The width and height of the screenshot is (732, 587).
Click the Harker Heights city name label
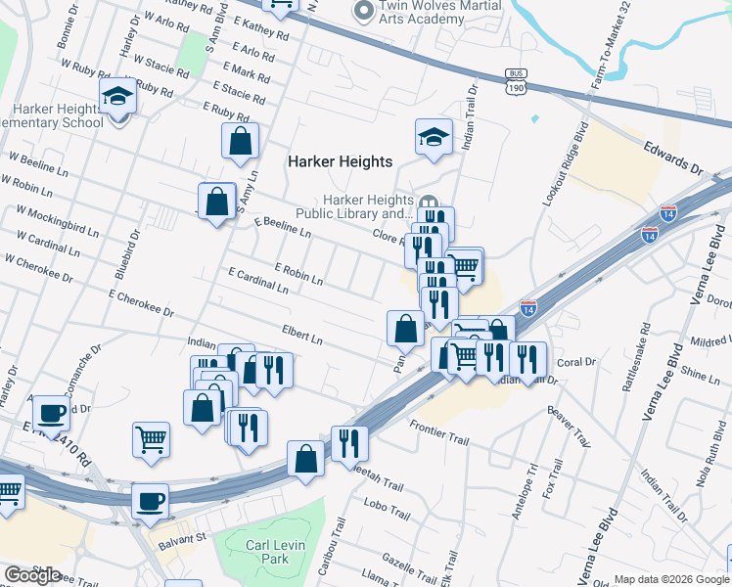pyautogui.click(x=340, y=161)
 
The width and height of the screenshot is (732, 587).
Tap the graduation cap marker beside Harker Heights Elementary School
pyautogui.click(x=117, y=97)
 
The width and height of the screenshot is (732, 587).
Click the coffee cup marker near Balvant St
pyautogui.click(x=150, y=501)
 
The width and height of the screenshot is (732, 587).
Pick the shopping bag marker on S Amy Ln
pyautogui.click(x=240, y=142)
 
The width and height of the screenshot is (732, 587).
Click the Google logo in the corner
pyautogui.click(x=32, y=575)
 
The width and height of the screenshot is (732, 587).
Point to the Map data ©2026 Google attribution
pyautogui.click(x=671, y=579)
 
